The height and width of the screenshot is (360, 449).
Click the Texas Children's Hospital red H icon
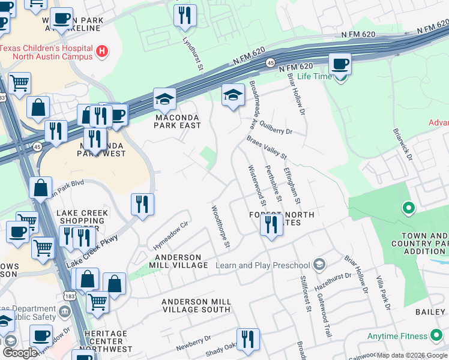coord(102,52)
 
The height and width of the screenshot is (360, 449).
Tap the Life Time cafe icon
coord(340,64)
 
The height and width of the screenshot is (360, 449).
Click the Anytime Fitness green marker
coord(436,336)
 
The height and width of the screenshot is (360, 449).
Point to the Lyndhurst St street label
coord(192,54)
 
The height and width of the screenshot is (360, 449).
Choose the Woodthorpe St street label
coord(220,227)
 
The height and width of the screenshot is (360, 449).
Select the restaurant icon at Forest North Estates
coord(271,224)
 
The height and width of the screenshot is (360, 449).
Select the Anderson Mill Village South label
coord(196,305)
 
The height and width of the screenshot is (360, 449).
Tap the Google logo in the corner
coord(20,353)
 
